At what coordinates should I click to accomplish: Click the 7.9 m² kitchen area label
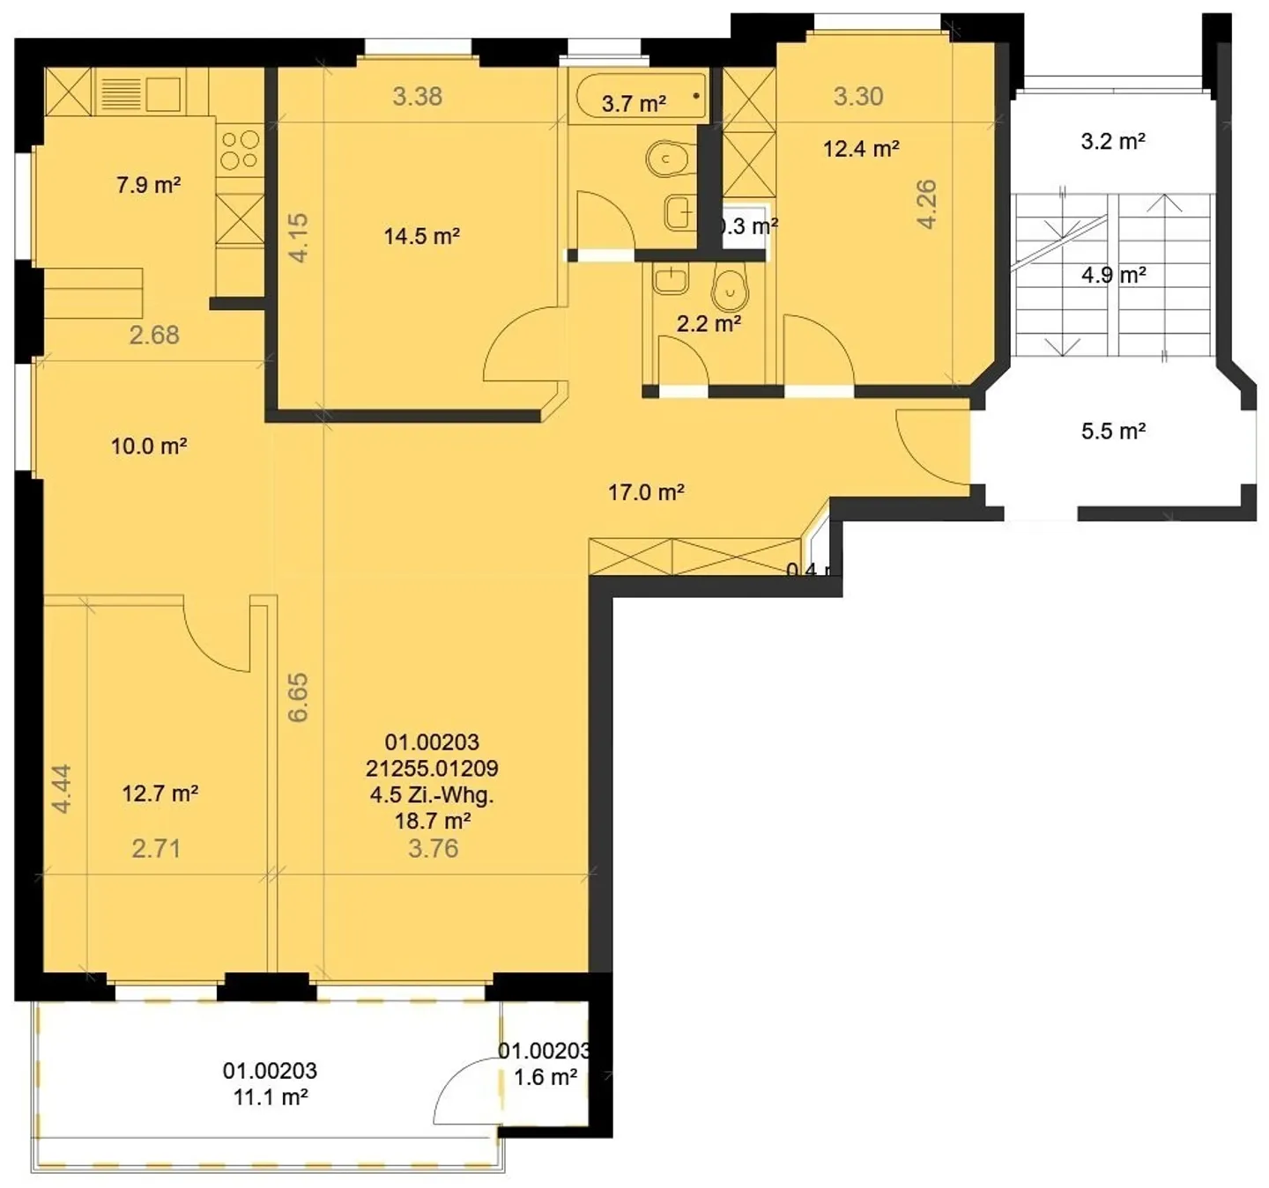(148, 185)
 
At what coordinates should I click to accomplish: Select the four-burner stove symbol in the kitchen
(240, 150)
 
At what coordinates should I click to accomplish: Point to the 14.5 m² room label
(421, 236)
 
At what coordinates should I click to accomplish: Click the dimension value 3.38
(417, 96)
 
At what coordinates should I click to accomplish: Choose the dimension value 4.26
(927, 204)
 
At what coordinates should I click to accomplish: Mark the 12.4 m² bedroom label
(861, 149)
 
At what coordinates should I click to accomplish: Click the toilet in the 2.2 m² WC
(730, 287)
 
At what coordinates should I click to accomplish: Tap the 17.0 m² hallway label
(646, 492)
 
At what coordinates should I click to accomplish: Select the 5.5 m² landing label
(1113, 432)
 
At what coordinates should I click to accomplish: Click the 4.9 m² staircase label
(1113, 275)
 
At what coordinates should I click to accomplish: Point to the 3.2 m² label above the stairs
(1113, 141)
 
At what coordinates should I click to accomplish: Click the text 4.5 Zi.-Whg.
(432, 794)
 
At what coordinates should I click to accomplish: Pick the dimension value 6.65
(299, 697)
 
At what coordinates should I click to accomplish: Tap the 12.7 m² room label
(160, 793)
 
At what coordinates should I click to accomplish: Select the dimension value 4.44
(61, 788)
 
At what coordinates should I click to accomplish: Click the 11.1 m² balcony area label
(270, 1096)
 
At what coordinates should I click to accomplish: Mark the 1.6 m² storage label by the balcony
(545, 1077)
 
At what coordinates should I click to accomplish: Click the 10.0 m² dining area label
(148, 446)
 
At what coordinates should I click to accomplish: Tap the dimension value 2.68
(154, 335)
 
